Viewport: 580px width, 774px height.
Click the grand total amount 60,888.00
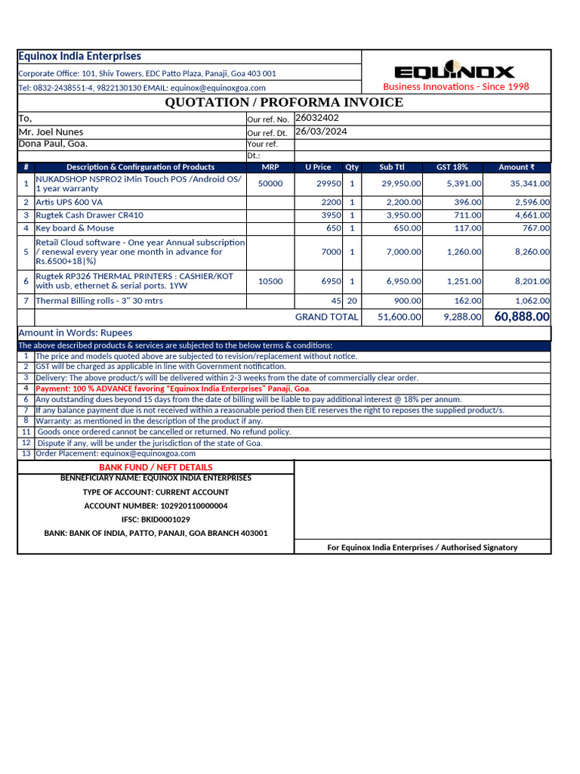pyautogui.click(x=522, y=317)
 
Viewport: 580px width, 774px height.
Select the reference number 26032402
pyautogui.click(x=317, y=118)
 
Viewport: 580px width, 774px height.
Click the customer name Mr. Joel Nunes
pyautogui.click(x=51, y=132)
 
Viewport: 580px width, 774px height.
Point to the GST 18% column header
pyautogui.click(x=452, y=167)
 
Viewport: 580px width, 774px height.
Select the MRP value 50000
pyautogui.click(x=270, y=184)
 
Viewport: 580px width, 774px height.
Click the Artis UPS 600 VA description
pyautogui.click(x=69, y=203)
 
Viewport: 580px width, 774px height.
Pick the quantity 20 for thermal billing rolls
pyautogui.click(x=352, y=301)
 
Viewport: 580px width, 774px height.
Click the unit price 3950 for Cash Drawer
pyautogui.click(x=332, y=215)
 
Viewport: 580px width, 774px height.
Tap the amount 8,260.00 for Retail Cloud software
pyautogui.click(x=532, y=252)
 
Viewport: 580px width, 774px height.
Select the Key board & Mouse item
pyautogui.click(x=75, y=228)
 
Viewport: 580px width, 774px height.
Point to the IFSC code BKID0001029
pyautogui.click(x=156, y=519)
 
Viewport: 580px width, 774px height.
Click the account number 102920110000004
pyautogui.click(x=156, y=506)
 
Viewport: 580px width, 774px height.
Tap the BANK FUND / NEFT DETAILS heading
pyautogui.click(x=156, y=467)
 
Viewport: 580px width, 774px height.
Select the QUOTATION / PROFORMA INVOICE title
pyautogui.click(x=284, y=102)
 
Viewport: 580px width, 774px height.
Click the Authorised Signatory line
pyautogui.click(x=422, y=547)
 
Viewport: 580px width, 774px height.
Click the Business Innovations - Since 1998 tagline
pyautogui.click(x=455, y=87)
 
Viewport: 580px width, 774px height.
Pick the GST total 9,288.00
pyautogui.click(x=461, y=317)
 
